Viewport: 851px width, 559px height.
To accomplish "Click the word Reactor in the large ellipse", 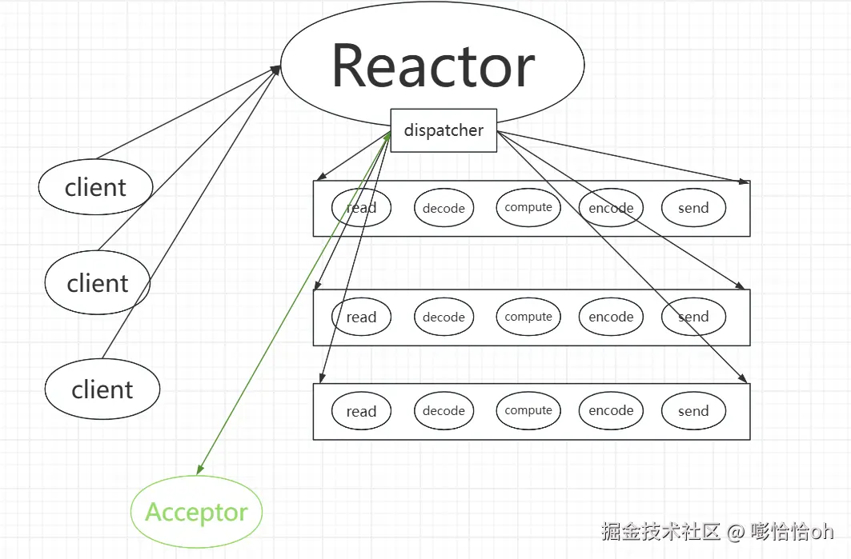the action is pos(433,66).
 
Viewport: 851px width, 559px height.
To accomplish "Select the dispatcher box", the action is pos(444,130).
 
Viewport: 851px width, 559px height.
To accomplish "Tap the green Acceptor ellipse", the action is pos(196,512).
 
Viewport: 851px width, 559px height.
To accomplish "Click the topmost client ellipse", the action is pos(95,187).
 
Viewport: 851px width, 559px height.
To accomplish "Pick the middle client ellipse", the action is pos(98,282).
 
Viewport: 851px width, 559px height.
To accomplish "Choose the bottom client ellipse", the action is pos(102,389).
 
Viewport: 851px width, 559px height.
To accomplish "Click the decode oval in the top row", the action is pos(444,208).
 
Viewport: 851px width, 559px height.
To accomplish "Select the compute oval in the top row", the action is pos(528,207).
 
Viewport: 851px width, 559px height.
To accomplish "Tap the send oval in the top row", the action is pos(693,208).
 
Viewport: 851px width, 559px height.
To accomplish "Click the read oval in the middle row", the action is pos(362,317).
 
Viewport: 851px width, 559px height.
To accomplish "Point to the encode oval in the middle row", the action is pos(611,317).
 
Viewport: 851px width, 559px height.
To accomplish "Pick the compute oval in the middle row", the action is pos(528,317).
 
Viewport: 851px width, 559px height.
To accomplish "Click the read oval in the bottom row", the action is pos(362,411).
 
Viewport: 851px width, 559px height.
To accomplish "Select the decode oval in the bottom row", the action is pos(444,411).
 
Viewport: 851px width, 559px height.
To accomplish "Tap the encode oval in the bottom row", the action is pos(611,411).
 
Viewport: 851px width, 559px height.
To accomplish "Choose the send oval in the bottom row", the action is pos(693,411).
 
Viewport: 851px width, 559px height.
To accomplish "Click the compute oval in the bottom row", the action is pos(528,411).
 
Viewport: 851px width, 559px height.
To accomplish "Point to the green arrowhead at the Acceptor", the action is pos(199,469).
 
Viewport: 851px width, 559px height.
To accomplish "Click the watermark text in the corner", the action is pos(717,531).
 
